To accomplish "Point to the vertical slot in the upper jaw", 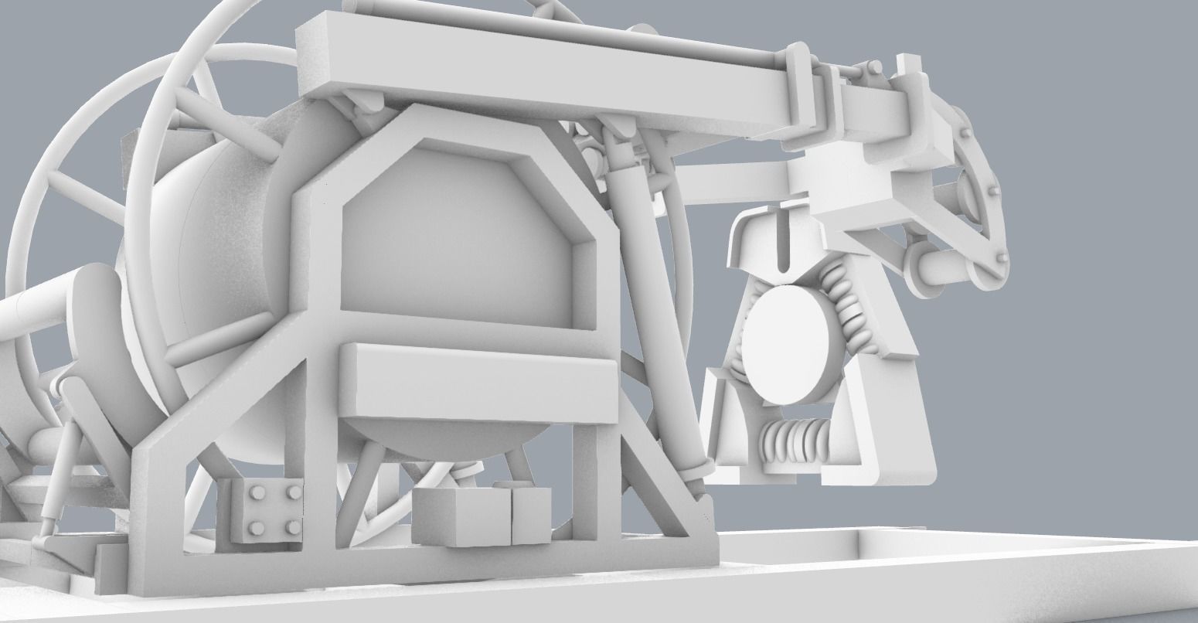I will point(782,240).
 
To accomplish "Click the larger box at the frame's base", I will point(462,516).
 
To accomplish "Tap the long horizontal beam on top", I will point(541,77).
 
